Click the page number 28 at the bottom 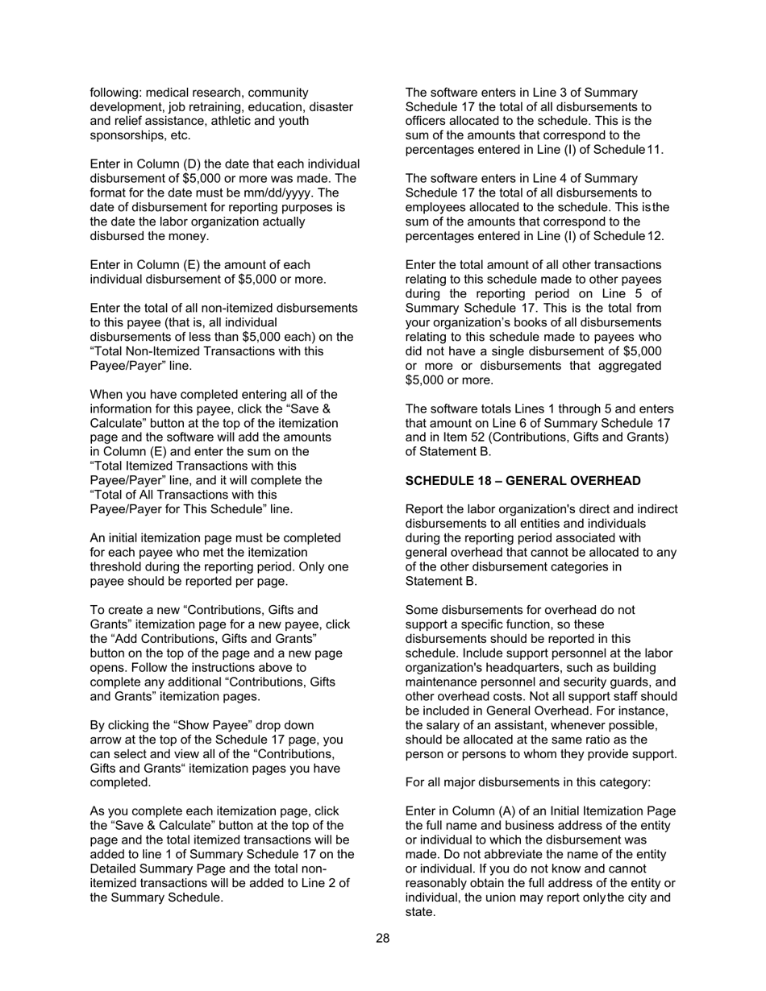[382, 938]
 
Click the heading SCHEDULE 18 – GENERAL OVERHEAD [522, 481]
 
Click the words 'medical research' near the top [194, 93]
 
